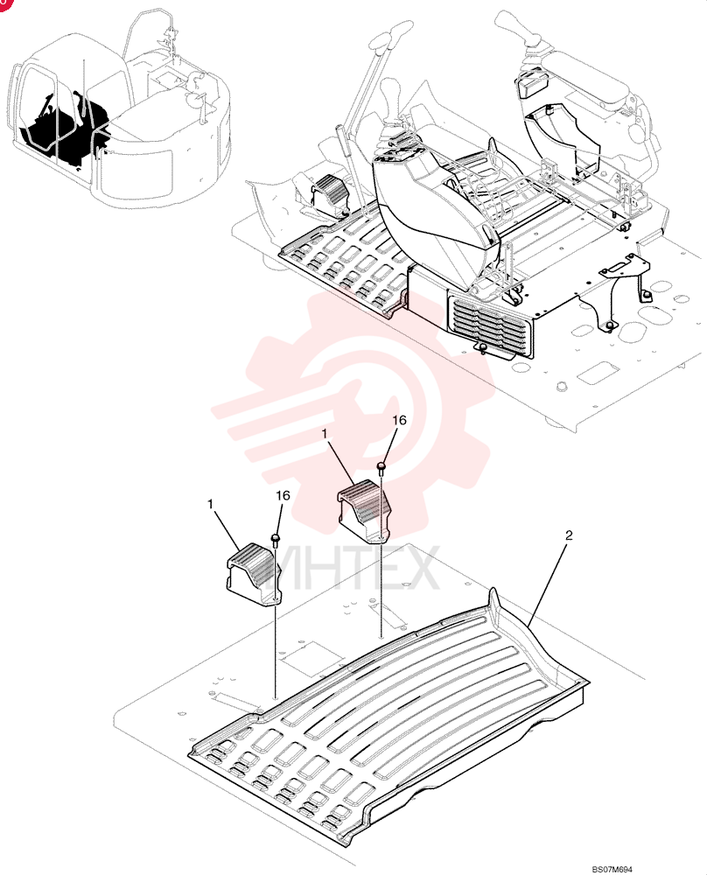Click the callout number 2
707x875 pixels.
(569, 535)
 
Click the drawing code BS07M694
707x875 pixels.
(612, 870)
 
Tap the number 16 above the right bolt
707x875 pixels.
(400, 420)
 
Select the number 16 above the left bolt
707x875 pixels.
(283, 495)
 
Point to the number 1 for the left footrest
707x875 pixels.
(210, 504)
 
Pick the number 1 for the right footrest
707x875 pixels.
(325, 432)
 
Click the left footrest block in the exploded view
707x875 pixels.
(253, 574)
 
